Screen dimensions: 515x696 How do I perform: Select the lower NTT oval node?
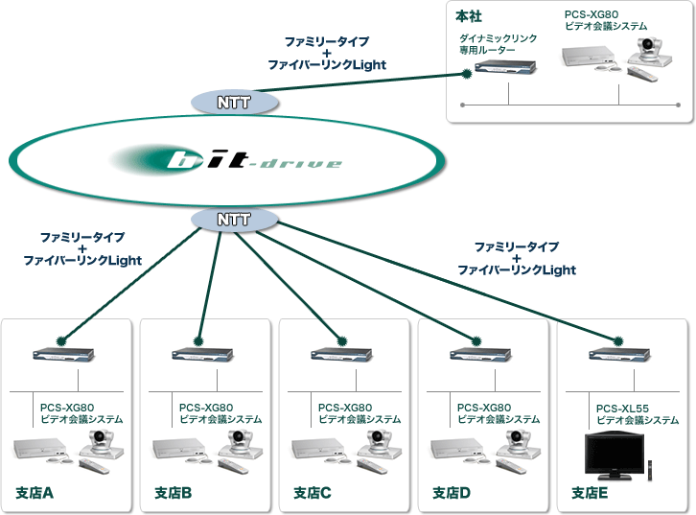pyautogui.click(x=234, y=219)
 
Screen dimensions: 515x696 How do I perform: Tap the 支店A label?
pyautogui.click(x=35, y=493)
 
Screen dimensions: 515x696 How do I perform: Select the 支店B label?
pyautogui.click(x=174, y=493)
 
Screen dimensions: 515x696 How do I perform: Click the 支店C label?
pyautogui.click(x=313, y=493)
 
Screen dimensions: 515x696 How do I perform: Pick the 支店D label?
pyautogui.click(x=452, y=493)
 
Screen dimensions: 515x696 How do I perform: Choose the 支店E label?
pyautogui.click(x=592, y=493)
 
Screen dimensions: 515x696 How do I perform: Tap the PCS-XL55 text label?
pyautogui.click(x=623, y=408)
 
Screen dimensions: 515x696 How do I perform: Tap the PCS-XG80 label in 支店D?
pyautogui.click(x=484, y=408)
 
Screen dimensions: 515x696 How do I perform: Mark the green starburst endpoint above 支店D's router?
pyautogui.click(x=476, y=339)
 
